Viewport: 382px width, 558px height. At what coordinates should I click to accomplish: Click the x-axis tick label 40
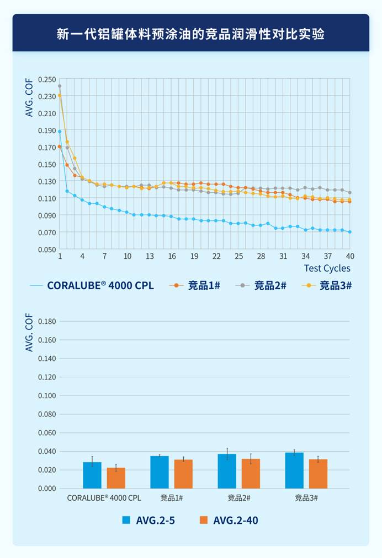(350, 256)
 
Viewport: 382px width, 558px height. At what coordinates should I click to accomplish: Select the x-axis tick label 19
(194, 256)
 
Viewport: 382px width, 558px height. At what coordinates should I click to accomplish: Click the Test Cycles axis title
(327, 268)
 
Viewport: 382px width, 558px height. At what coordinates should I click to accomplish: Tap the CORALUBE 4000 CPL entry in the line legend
(100, 285)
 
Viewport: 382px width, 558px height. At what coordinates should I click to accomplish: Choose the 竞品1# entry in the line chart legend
(204, 285)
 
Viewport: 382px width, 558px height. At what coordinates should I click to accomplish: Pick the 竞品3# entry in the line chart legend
(336, 285)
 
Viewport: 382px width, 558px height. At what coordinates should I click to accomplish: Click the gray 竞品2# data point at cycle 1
(60, 86)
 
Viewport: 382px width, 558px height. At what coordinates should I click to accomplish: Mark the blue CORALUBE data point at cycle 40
(350, 232)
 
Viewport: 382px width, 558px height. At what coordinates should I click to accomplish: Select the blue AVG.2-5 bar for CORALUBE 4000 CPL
(92, 475)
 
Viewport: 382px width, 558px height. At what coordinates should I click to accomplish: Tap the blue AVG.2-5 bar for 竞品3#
(294, 470)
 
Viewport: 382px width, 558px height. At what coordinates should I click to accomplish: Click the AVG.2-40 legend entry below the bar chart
(235, 520)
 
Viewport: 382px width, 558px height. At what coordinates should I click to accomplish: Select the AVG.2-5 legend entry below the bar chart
(155, 520)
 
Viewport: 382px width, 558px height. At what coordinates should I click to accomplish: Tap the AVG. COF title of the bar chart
(29, 333)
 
